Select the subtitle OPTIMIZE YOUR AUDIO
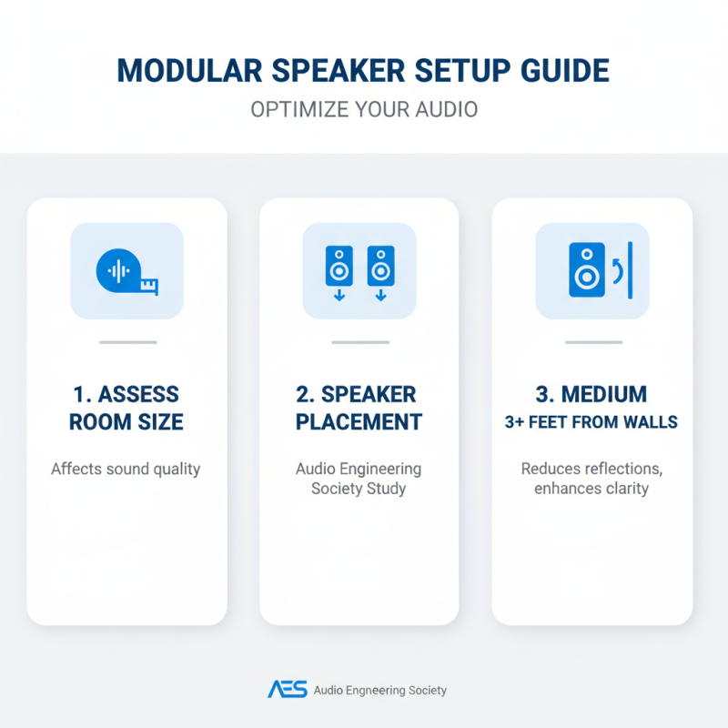point(364,109)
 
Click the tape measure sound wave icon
point(126,270)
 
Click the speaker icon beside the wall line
point(586,269)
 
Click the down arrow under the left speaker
point(339,295)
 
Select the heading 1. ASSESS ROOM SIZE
point(126,408)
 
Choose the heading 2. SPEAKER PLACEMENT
point(359,408)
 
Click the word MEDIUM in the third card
point(604,394)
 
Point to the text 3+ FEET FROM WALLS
point(592,422)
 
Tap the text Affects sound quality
point(126,470)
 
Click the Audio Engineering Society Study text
point(359,479)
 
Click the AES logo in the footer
point(287,690)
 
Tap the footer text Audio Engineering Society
point(380,691)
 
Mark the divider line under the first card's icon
point(127,342)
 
